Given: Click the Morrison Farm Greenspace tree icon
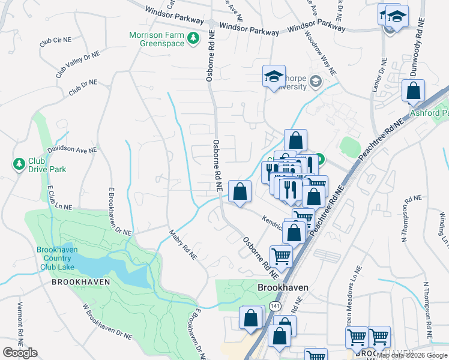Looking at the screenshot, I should coord(193,39).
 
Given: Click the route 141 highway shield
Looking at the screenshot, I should coord(274,306).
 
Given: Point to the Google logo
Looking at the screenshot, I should coord(20,353).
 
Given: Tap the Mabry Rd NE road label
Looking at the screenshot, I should coord(183,245).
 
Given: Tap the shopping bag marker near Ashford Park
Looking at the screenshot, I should coord(413,92).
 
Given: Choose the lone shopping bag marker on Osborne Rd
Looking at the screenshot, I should coord(240,193).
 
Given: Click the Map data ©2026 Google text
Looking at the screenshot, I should coord(412,355).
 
